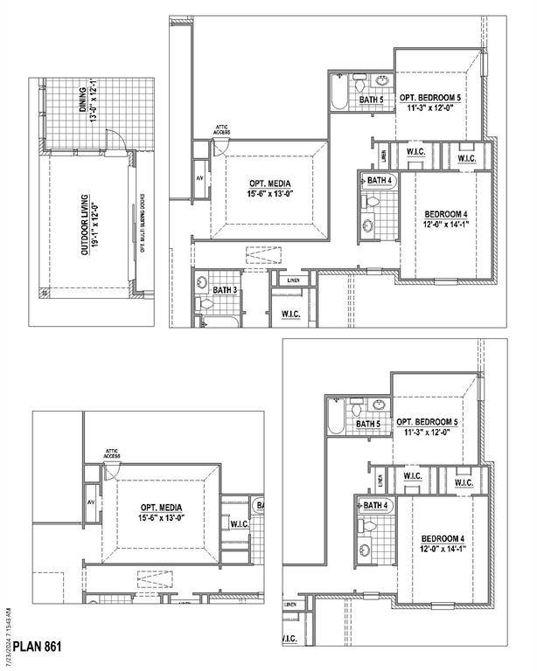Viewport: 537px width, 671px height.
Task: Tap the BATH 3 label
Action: pos(225,289)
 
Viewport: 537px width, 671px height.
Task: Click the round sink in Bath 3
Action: pos(201,283)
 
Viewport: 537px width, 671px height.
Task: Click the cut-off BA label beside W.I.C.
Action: pos(259,506)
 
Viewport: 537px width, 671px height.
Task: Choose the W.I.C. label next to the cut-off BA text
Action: pos(240,524)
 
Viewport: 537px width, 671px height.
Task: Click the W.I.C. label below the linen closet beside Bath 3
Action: pos(291,313)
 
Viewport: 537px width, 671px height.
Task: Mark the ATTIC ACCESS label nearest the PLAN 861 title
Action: pos(111,453)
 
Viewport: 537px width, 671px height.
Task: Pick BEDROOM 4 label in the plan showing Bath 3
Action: pos(447,218)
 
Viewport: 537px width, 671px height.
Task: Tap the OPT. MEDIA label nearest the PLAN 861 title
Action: pos(160,512)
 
